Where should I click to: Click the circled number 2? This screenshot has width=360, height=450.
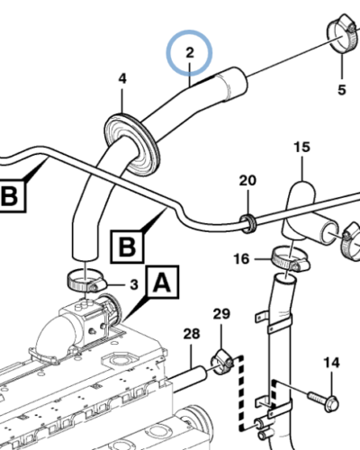[x=190, y=54]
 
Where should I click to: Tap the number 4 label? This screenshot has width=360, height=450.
[x=122, y=80]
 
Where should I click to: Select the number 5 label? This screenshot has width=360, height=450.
[x=341, y=89]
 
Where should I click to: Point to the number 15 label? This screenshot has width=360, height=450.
[x=301, y=147]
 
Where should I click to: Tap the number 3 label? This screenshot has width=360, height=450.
[x=132, y=284]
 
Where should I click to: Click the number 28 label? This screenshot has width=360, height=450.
[x=191, y=336]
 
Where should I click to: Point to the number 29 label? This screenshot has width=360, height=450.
[x=220, y=313]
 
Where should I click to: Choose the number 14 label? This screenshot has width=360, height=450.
[x=332, y=363]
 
